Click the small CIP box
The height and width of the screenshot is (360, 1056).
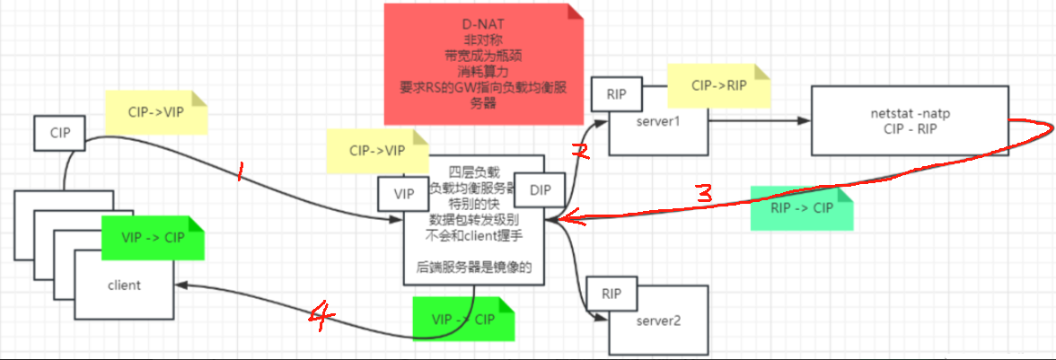coord(60,133)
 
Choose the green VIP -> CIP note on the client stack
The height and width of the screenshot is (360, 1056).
coord(154,238)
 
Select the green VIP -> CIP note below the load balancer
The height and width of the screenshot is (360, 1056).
coord(462,320)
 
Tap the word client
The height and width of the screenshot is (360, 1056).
coord(124,285)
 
